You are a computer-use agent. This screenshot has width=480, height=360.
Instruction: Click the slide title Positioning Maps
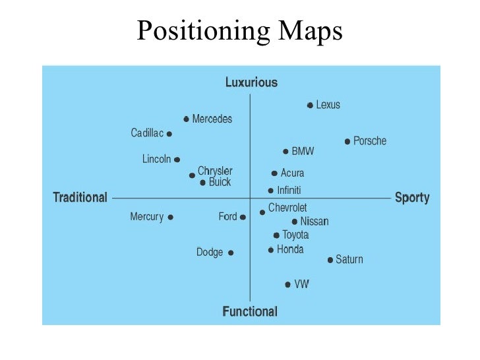[239, 31]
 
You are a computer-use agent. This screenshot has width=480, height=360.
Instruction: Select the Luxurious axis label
[251, 82]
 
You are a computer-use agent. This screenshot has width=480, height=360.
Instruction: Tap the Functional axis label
[250, 311]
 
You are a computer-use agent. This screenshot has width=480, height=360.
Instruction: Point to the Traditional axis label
[80, 197]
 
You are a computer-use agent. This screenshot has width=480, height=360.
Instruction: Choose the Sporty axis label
[412, 197]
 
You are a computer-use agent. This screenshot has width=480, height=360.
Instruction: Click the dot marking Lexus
[310, 105]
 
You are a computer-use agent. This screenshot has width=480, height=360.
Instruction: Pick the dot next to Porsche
[347, 141]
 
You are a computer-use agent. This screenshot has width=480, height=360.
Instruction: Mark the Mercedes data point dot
[187, 119]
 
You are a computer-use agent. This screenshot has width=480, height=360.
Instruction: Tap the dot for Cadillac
[169, 133]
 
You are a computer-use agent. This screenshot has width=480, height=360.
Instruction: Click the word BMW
[303, 152]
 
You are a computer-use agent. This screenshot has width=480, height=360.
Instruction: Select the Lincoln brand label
[157, 159]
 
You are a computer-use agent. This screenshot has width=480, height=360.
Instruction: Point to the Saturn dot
[330, 260]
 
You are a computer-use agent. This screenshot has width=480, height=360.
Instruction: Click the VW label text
[301, 284]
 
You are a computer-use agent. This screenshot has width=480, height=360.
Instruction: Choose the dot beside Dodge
[231, 253]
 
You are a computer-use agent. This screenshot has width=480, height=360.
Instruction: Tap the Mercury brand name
[147, 216]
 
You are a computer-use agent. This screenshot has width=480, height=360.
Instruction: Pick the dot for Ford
[243, 217]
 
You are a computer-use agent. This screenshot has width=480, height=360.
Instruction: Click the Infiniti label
[289, 191]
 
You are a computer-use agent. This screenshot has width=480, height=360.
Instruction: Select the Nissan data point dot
[294, 222]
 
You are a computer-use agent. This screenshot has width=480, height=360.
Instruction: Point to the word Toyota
[295, 235]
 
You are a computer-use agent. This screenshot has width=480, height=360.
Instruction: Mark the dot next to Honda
[271, 250]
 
